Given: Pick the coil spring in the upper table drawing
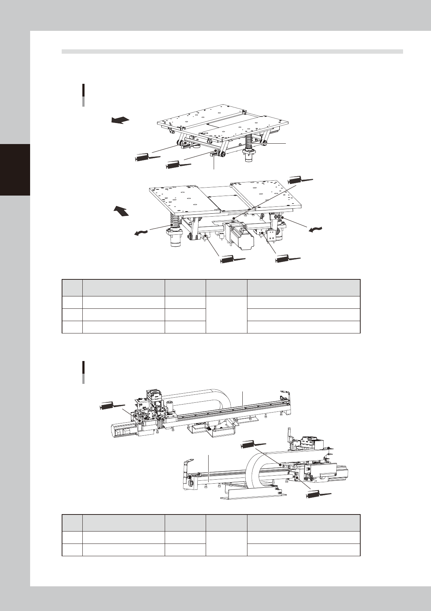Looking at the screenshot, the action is click(x=250, y=144).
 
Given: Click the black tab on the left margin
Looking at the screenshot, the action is click(x=15, y=169).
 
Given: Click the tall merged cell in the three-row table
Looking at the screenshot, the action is click(x=226, y=315).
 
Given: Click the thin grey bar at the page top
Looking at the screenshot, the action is click(x=232, y=52).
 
